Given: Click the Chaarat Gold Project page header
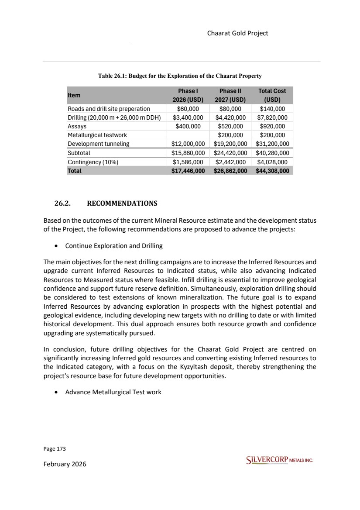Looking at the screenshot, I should pos(237,33).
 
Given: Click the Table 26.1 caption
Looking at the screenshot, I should pos(180,76).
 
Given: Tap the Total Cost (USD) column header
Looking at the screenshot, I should pos(272,95).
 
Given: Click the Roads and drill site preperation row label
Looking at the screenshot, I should pos(109,109).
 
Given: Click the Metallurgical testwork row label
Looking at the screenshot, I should pos(97,135).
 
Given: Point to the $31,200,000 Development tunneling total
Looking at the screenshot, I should pos(272,144).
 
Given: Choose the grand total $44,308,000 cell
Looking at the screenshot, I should pos(272,171).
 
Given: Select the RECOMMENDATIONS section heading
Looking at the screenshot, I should pos(122,203).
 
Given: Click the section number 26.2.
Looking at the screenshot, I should pos(63,203).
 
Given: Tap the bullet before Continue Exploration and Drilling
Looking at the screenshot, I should pos(57,246).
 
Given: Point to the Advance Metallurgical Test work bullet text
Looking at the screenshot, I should pos(113,392).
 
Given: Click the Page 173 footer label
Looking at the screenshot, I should pos(54,448).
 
